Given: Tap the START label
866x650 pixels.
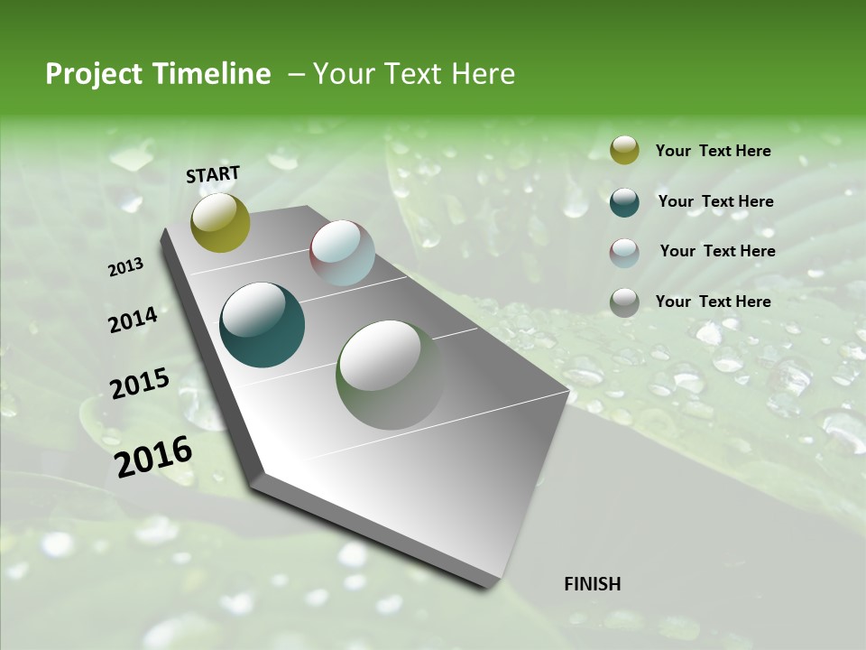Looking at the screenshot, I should coord(213,174).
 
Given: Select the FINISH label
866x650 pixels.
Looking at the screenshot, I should coord(593,584).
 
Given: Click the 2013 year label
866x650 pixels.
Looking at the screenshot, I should coord(125,267).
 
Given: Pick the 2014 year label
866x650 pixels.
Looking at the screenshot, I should coord(133,320).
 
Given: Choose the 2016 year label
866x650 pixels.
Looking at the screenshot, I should coord(153,457).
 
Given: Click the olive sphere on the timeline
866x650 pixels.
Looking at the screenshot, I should coord(220,222).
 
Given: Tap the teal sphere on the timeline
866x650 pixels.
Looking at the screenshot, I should coord(262,325).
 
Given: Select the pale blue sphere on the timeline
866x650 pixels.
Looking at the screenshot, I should coord(342,253).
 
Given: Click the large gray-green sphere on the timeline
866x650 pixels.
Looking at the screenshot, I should coord(390,375).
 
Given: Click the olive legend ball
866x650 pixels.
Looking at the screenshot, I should coord(624,151).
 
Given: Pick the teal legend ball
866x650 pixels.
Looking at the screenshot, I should coord(624,201).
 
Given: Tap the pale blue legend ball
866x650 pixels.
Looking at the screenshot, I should coord(624,252).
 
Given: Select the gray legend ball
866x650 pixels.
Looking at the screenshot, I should coord(624,302).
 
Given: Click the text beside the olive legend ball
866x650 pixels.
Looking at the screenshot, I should coord(713,152).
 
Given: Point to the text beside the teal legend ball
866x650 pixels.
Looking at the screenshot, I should coord(715,201).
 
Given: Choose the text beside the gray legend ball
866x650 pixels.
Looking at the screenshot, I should coord(713,302).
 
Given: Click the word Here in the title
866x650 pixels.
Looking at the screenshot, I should coord(483,74).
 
